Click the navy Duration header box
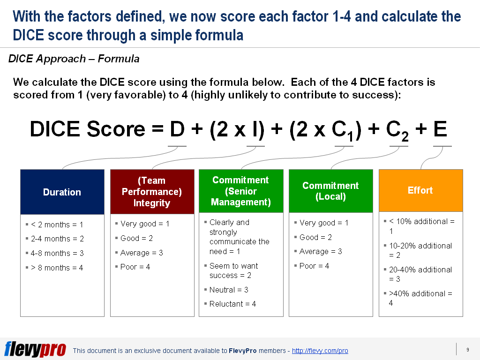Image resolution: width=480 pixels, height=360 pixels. tap(62, 192)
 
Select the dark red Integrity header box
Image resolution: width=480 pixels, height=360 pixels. tap(152, 192)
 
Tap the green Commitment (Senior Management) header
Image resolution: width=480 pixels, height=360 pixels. tap(241, 191)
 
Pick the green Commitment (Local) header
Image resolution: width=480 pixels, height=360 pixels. tap(331, 191)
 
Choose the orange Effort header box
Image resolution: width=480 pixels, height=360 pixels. tap(421, 190)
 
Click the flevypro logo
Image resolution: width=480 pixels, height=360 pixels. tap(35, 349)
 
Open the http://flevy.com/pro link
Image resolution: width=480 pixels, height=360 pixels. tap(320, 351)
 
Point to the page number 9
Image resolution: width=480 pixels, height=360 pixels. tap(468, 350)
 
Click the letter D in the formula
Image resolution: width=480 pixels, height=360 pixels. tap(177, 129)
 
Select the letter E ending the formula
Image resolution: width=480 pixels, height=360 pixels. tap(440, 129)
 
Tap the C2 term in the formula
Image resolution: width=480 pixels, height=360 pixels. tap(397, 131)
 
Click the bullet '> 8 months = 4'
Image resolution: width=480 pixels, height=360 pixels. tap(57, 268)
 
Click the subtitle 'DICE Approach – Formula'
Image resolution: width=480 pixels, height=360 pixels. tap(74, 59)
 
